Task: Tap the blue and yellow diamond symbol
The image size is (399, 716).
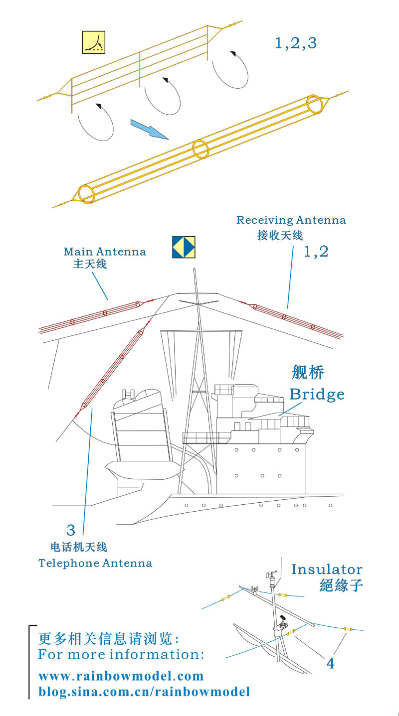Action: pyautogui.click(x=183, y=247)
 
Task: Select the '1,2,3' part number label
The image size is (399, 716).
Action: pyautogui.click(x=296, y=44)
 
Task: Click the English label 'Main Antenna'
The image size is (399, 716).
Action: pyautogui.click(x=105, y=252)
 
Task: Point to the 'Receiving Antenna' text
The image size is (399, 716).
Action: pyautogui.click(x=291, y=220)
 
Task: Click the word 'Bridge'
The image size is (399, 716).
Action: pyautogui.click(x=317, y=394)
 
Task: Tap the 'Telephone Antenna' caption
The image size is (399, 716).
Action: pyautogui.click(x=95, y=564)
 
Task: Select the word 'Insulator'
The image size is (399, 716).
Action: pyautogui.click(x=327, y=569)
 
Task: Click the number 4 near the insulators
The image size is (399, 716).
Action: pyautogui.click(x=330, y=663)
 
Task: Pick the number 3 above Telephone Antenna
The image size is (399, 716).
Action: pyautogui.click(x=71, y=529)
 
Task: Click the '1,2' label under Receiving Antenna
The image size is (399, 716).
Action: pyautogui.click(x=316, y=252)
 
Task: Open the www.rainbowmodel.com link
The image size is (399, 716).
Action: pyautogui.click(x=121, y=676)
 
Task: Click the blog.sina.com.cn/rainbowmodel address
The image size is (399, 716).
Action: pyautogui.click(x=144, y=692)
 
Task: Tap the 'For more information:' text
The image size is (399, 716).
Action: pyautogui.click(x=121, y=654)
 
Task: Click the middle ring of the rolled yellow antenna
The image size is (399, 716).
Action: pyautogui.click(x=200, y=149)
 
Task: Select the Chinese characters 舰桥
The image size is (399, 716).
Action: pyautogui.click(x=308, y=373)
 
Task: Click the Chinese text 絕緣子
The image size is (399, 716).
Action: pyautogui.click(x=341, y=585)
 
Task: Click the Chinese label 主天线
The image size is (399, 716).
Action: pyautogui.click(x=90, y=264)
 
